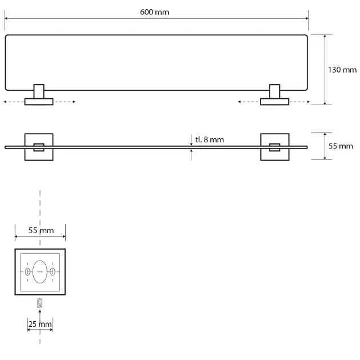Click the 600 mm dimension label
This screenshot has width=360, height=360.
click(154, 12)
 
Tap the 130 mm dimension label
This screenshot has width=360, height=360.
click(342, 70)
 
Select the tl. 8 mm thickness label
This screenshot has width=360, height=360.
click(209, 139)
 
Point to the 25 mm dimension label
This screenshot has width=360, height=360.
click(40, 324)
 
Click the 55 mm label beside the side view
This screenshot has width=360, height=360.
click(341, 146)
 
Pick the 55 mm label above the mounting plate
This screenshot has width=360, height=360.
click(41, 230)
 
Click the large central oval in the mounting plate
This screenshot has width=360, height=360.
click(40, 271)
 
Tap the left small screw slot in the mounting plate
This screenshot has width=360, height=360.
click(27, 271)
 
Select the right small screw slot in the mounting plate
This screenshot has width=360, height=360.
click(53, 271)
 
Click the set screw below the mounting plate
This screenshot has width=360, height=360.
click(40, 303)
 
